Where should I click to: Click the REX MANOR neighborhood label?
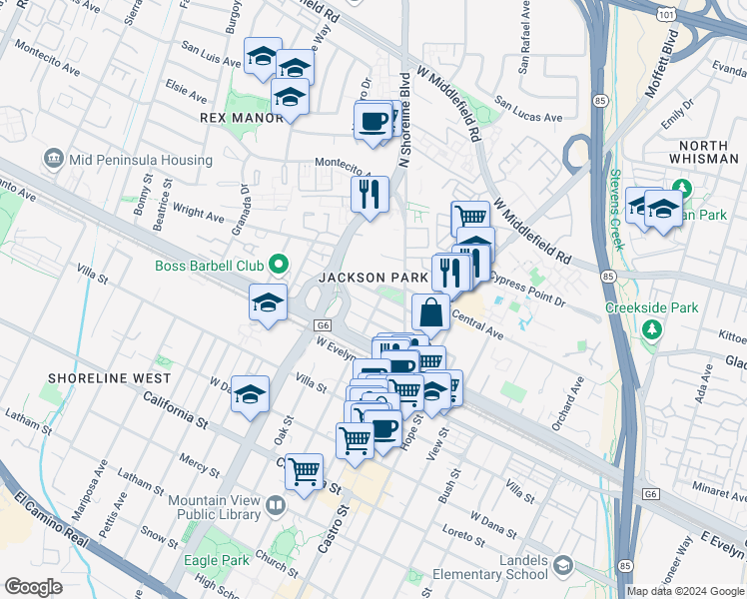(x=242, y=117)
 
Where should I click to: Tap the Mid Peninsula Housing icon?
(x=53, y=158)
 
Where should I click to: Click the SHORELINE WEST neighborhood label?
(x=108, y=379)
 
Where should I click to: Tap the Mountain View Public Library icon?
(x=275, y=507)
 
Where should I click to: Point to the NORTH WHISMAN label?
(x=704, y=152)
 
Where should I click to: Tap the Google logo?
(x=33, y=586)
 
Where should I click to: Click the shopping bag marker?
(x=430, y=311)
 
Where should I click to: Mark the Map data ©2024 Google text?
(x=685, y=590)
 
